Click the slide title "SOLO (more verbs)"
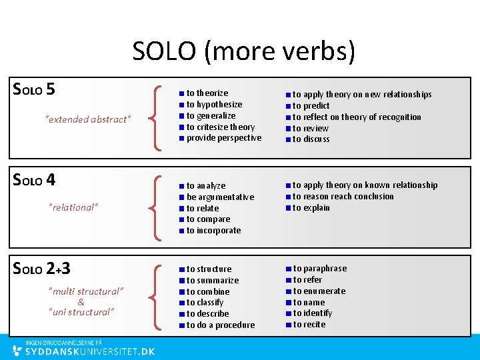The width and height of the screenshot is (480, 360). [x=243, y=51]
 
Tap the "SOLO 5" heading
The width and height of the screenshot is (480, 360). [x=34, y=89]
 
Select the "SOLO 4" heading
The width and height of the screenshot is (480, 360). [x=34, y=179]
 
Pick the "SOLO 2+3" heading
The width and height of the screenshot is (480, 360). [x=42, y=269]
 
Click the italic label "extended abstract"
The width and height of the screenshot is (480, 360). [x=87, y=119]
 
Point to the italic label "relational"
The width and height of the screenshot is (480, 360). [x=73, y=207]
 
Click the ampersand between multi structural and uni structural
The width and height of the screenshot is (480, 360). [x=81, y=302]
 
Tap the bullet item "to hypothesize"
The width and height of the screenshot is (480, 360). [x=214, y=105]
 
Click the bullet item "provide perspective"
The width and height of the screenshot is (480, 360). [x=223, y=138]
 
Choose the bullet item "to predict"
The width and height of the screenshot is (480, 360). [x=311, y=105]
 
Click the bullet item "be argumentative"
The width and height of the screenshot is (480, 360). [x=220, y=197]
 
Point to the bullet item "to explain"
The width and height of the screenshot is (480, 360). [x=311, y=208]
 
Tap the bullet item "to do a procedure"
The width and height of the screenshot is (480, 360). [x=220, y=325]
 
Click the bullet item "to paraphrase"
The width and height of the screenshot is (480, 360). [x=319, y=269]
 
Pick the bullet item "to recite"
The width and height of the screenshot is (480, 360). [x=309, y=325]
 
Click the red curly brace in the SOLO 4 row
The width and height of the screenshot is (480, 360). [x=157, y=207]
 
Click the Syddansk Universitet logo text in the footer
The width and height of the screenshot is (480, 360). [x=89, y=351]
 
